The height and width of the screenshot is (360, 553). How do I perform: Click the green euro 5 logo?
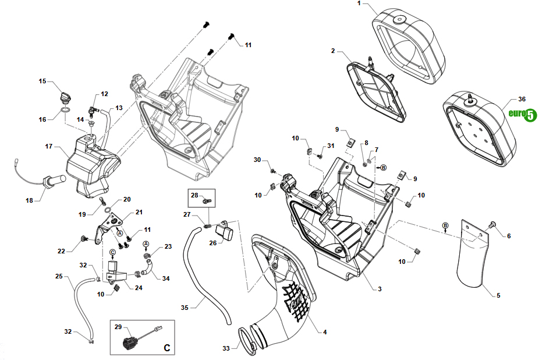(x=523, y=114)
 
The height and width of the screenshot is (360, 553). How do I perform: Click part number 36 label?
(x=522, y=99)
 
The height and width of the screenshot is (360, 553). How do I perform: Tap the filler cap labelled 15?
(x=65, y=96)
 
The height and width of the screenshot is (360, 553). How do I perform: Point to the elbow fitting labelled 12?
(x=93, y=111)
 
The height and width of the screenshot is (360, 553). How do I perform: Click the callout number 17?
(x=49, y=146)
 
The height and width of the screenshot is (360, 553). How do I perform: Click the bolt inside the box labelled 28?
(x=206, y=201)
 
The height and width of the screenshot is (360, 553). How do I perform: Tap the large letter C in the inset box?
(x=167, y=348)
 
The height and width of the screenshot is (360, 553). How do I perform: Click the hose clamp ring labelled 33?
(x=247, y=341)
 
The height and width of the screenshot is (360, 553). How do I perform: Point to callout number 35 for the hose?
(x=185, y=308)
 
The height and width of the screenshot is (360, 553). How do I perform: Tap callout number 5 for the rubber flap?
(x=498, y=295)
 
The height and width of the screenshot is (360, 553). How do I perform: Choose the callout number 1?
(x=359, y=3)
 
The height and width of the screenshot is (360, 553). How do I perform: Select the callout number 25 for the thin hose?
(x=59, y=276)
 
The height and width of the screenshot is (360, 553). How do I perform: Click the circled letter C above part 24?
(x=112, y=252)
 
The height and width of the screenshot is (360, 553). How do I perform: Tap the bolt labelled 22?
(x=84, y=239)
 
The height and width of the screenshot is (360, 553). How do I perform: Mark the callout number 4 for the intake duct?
(x=325, y=332)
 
